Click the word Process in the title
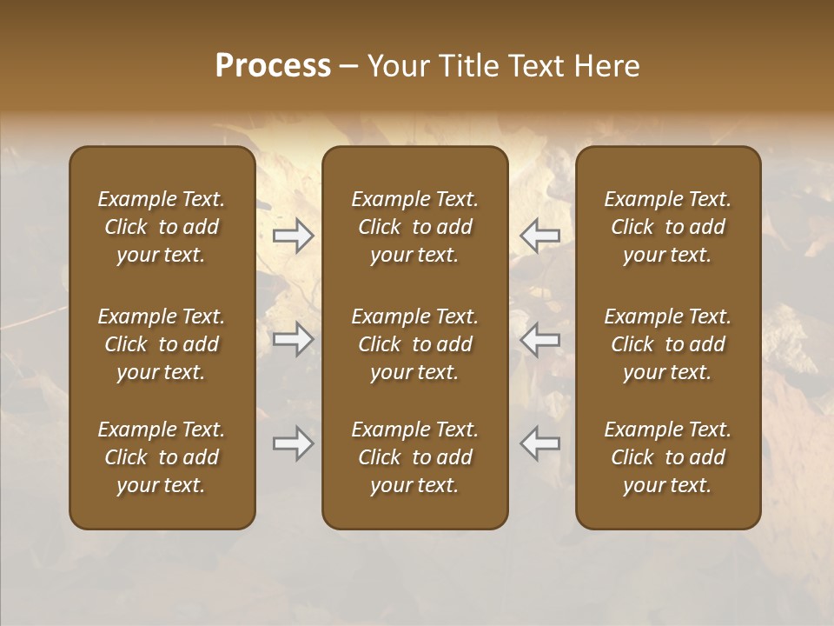tap(273, 66)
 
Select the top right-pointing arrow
tap(294, 235)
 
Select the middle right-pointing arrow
tap(294, 339)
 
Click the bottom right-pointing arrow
tap(294, 443)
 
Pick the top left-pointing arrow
tap(539, 235)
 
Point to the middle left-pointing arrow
tap(539, 339)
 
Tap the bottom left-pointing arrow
tap(539, 443)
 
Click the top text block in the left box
tap(162, 227)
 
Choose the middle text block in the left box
tap(162, 344)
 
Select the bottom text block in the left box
tap(162, 457)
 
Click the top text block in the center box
tap(414, 227)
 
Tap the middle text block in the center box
tap(414, 344)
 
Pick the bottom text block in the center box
tap(414, 457)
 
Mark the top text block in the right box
tap(667, 227)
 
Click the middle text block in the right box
tap(667, 344)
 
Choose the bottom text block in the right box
tap(667, 457)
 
